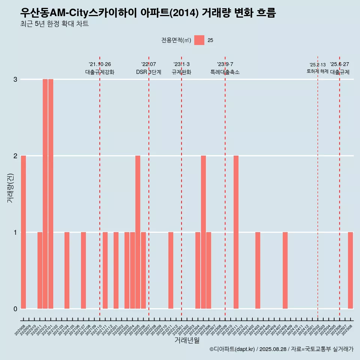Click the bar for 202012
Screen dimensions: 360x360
(x=45, y=194)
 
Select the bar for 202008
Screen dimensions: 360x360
(x=23, y=232)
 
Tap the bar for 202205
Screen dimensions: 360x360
(x=138, y=232)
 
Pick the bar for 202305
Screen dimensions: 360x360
(x=203, y=232)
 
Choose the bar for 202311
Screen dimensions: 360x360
(x=236, y=232)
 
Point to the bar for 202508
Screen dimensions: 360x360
(x=350, y=270)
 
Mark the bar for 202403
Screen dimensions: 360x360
(x=258, y=270)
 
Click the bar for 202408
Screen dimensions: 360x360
(x=285, y=270)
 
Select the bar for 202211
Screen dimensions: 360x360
(x=171, y=270)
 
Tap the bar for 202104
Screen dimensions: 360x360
(x=67, y=270)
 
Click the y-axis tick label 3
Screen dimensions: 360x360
(x=15, y=79)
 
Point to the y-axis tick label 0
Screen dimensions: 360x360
(x=15, y=309)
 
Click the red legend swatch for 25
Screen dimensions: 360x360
(x=199, y=40)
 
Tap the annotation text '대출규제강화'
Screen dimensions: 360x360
(x=100, y=72)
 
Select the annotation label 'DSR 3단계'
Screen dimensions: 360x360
(x=148, y=72)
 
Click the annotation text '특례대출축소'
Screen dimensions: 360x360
(x=225, y=72)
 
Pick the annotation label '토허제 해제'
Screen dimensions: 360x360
(x=318, y=71)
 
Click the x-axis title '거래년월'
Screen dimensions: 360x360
(x=187, y=340)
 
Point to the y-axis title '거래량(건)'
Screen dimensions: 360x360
(x=10, y=188)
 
